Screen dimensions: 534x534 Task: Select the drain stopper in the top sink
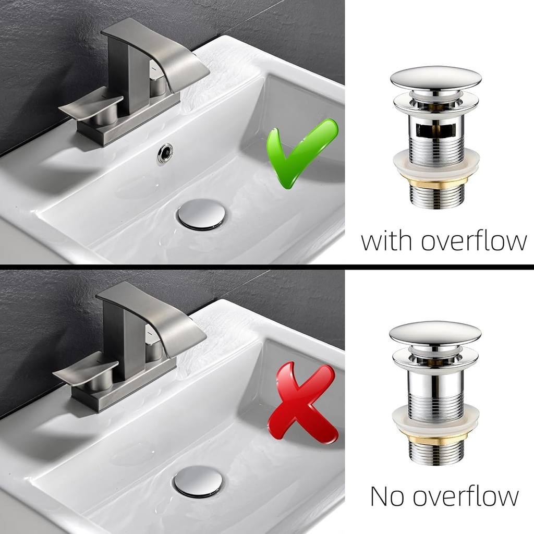(x=201, y=214)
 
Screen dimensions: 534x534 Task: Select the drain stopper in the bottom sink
(x=198, y=481)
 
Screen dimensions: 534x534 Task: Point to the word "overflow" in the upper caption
(x=474, y=241)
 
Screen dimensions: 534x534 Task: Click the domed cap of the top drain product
(x=436, y=78)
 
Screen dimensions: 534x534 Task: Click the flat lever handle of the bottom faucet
(x=86, y=372)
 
